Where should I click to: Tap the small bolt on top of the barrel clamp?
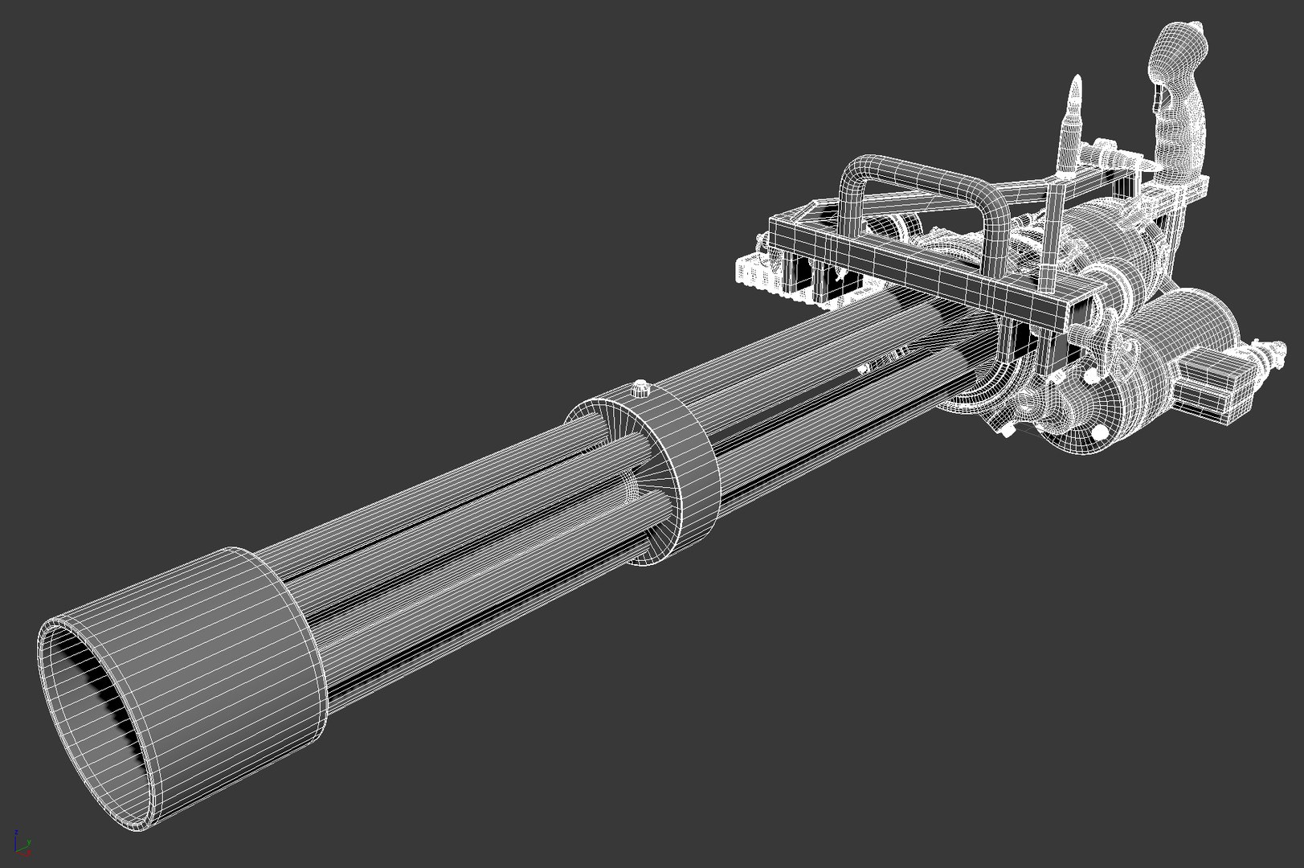click(640, 389)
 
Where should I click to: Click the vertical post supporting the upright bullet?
click(1050, 233)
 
